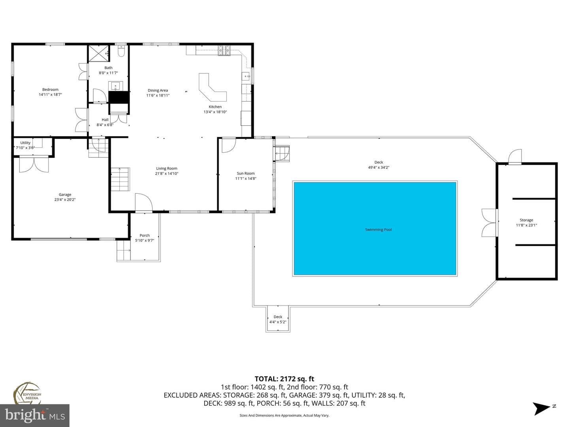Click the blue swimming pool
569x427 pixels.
(x=375, y=229)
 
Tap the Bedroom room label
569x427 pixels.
(x=50, y=89)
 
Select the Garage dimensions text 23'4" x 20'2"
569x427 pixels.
(x=65, y=200)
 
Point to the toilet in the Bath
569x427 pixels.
(x=121, y=51)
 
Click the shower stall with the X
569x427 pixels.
(x=98, y=54)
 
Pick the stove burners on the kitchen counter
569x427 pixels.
(x=224, y=51)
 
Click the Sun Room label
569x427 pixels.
(x=245, y=174)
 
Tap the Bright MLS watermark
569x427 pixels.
(x=35, y=416)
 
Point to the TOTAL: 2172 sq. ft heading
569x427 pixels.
(x=284, y=379)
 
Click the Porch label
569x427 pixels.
(x=145, y=235)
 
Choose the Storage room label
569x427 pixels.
(x=526, y=220)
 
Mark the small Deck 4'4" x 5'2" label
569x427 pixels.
(x=278, y=319)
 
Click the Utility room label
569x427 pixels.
(x=25, y=143)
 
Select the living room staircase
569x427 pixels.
(x=120, y=179)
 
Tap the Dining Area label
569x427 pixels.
(x=158, y=91)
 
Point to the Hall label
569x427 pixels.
(x=105, y=120)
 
